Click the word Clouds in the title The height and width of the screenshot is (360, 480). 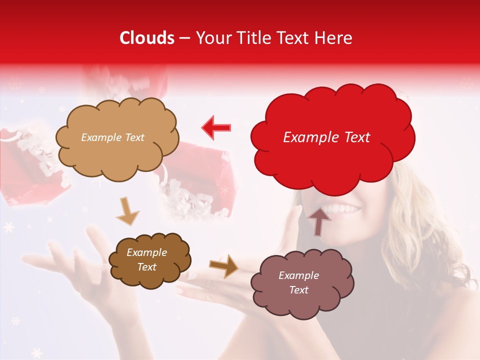[x=147, y=38]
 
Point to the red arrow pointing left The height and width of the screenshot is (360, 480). [x=216, y=127]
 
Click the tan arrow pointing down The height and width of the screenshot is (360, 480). [x=127, y=211]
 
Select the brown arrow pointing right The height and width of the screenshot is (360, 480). [x=223, y=265]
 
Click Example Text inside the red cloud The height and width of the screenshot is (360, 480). [x=326, y=137]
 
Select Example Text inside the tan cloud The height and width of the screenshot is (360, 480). [x=112, y=137]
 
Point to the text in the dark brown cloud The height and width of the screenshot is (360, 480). [x=146, y=259]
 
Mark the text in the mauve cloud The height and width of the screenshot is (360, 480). [x=298, y=282]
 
